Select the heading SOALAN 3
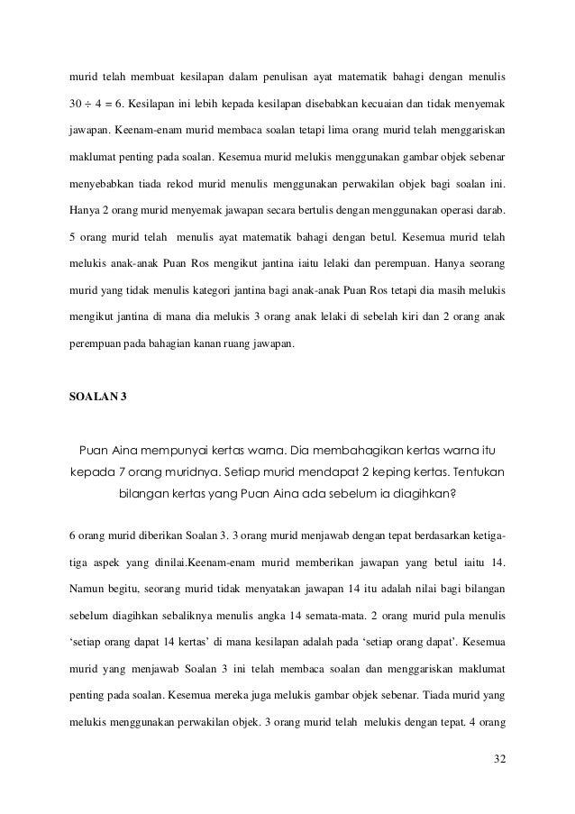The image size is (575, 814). [x=99, y=397]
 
